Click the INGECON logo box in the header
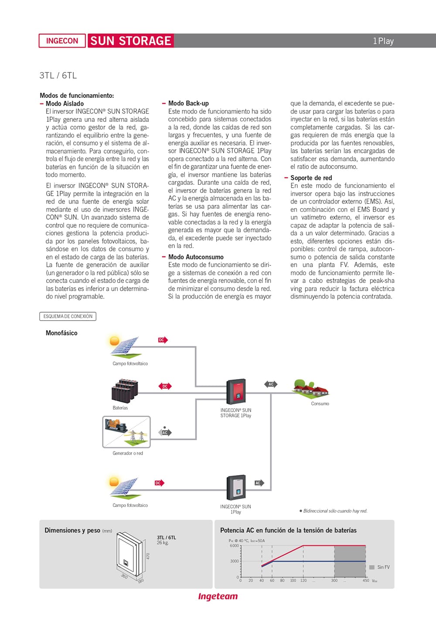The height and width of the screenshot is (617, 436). tap(62, 41)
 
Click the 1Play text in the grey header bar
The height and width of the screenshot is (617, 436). tap(383, 41)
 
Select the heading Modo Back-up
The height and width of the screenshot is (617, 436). tap(188, 103)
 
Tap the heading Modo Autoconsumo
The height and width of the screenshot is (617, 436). tap(196, 257)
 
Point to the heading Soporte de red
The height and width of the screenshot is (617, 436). tap(311, 178)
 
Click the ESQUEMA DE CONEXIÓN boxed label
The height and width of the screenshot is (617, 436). tap(68, 316)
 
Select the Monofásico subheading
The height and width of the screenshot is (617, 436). tap(61, 333)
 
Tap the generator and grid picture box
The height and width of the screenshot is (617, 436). tap(126, 432)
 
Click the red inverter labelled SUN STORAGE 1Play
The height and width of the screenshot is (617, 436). tap(236, 391)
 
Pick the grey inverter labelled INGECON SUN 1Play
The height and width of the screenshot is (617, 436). tap(236, 488)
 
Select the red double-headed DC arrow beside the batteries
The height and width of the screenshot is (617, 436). tap(165, 386)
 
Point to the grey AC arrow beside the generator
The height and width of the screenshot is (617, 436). tap(165, 432)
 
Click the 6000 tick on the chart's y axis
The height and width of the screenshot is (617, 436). tap(234, 546)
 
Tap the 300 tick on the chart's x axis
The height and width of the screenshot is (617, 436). tap(334, 580)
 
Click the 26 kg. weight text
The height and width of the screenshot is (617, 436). tap(163, 543)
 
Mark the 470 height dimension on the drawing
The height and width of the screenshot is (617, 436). tap(148, 556)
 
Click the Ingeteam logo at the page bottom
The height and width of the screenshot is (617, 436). tap(218, 596)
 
